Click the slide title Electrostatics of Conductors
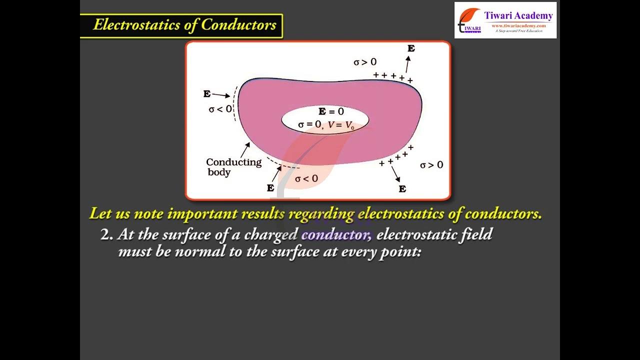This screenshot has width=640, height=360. click(x=184, y=25)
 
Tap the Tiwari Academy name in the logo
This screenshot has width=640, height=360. click(x=518, y=15)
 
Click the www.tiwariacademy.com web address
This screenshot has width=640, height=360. click(x=518, y=25)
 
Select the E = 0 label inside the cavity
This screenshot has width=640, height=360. click(x=331, y=111)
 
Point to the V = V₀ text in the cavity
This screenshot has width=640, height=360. click(x=341, y=125)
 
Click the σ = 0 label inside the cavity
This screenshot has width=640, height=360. click(x=309, y=124)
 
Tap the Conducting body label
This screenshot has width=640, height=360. click(x=233, y=167)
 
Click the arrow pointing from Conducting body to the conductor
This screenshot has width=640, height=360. click(x=245, y=150)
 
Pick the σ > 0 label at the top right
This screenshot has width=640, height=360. click(x=365, y=62)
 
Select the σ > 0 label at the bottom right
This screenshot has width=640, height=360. click(x=431, y=165)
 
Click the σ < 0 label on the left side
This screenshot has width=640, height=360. click(x=220, y=109)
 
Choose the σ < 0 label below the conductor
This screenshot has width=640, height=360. click(x=306, y=179)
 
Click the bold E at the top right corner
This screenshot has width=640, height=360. click(x=411, y=48)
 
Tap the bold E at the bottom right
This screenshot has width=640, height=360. click(x=402, y=189)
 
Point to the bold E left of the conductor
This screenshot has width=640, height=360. click(x=207, y=93)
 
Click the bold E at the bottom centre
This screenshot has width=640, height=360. click(x=270, y=188)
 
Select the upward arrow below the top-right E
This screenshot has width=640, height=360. click(x=407, y=64)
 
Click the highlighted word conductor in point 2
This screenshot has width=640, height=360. click(x=336, y=234)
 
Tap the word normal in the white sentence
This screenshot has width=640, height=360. click(x=199, y=251)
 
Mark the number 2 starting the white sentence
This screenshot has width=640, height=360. click(x=105, y=234)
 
